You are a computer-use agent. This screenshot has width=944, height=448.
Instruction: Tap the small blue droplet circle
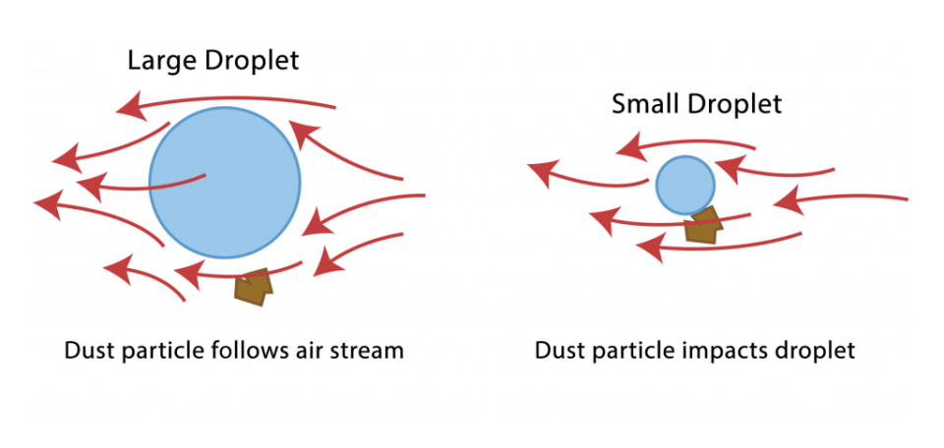pos(684,184)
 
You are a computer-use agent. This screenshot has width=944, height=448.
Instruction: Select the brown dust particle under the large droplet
pos(252,286)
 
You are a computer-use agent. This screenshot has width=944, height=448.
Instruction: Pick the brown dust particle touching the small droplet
pos(703,225)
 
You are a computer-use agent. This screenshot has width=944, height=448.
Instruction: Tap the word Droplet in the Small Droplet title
pos(734,104)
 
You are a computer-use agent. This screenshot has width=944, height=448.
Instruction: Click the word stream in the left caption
pos(368,351)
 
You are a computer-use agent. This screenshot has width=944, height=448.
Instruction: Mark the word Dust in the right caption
pos(557,351)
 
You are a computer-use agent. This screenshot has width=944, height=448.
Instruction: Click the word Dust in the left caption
pos(87,351)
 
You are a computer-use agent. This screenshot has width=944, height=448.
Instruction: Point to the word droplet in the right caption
pos(812,351)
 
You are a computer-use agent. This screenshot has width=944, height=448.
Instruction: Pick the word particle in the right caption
pos(630,351)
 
